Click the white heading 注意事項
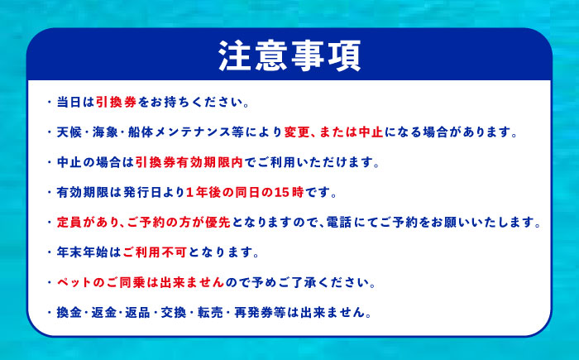point(289,55)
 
